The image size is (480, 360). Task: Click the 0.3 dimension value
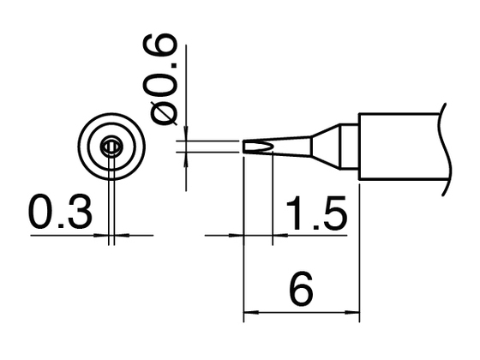pyautogui.click(x=58, y=213)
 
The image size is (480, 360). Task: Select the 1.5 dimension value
pyautogui.click(x=315, y=213)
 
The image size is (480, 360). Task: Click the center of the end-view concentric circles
pyautogui.click(x=111, y=147)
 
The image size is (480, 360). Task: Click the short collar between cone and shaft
pyautogui.click(x=347, y=146)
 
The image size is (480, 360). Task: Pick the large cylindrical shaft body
pyautogui.click(x=399, y=146)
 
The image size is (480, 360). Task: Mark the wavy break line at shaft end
pyautogui.click(x=445, y=146)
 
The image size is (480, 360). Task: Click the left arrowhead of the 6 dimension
pyautogui.click(x=250, y=312)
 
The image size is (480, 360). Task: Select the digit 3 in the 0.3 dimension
pyautogui.click(x=76, y=213)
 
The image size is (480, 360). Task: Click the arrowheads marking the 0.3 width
pyautogui.click(x=111, y=234)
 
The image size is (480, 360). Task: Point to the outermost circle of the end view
pyautogui.click(x=111, y=114)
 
